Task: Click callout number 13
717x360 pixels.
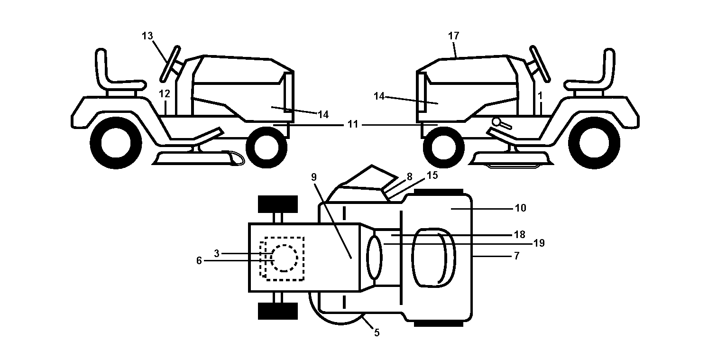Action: (147, 36)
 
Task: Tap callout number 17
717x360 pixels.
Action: (453, 36)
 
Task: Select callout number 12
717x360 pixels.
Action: (165, 94)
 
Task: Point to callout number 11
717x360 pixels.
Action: (352, 124)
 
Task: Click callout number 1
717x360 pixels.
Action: (540, 96)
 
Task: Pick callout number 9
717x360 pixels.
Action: (314, 177)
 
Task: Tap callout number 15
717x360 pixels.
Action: (432, 175)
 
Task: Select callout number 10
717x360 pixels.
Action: (521, 208)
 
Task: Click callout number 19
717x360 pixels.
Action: (539, 243)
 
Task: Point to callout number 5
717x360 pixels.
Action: (377, 333)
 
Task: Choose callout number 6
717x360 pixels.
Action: (199, 261)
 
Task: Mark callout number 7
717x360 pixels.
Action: (516, 256)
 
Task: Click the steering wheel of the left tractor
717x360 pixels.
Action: (170, 64)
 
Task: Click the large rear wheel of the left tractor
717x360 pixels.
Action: (116, 143)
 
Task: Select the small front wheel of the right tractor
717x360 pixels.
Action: (444, 148)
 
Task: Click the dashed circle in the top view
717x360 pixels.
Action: (284, 258)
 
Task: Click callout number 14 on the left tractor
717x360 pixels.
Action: (323, 115)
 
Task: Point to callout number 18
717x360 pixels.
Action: (520, 235)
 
